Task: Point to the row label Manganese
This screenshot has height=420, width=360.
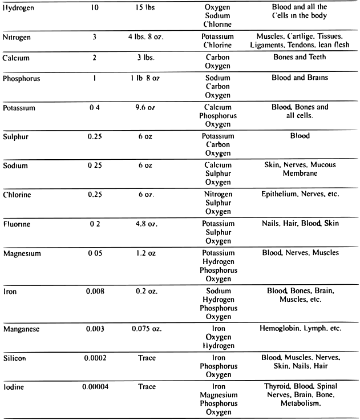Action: [x=23, y=329]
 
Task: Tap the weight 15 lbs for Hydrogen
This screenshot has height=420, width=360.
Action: [x=147, y=10]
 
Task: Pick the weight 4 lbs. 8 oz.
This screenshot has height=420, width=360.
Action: [x=147, y=38]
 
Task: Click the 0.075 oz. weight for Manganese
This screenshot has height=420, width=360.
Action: [x=147, y=329]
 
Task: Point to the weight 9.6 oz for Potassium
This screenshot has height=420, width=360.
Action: [x=147, y=107]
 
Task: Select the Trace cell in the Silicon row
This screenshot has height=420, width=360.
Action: [x=147, y=358]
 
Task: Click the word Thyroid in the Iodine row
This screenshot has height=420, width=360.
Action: [x=277, y=386]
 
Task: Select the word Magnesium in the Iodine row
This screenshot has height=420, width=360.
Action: [x=218, y=395]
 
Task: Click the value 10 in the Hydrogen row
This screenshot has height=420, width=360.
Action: [x=95, y=10]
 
